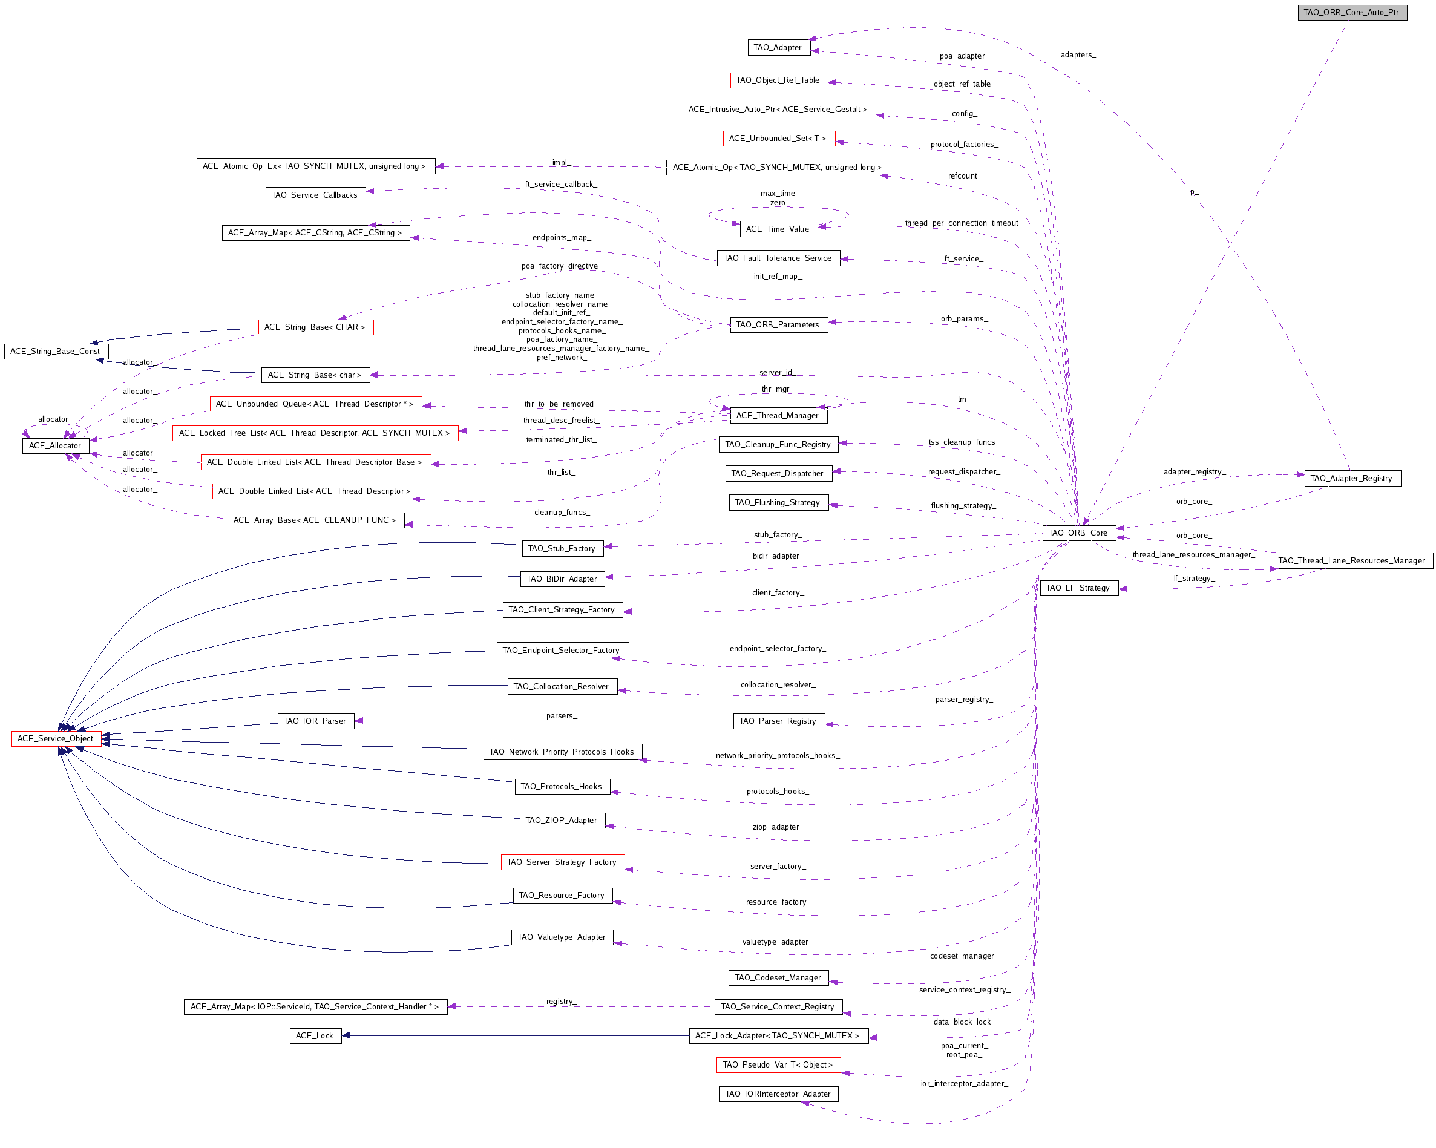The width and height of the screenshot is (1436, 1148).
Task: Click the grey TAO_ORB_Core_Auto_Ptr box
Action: pos(1352,13)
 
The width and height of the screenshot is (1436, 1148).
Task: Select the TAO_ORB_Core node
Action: pos(1078,533)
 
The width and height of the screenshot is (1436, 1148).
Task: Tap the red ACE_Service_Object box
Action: pos(56,738)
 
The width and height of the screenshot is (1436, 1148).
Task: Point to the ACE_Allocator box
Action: pos(55,445)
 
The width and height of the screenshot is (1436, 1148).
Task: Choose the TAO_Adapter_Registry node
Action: pos(1352,478)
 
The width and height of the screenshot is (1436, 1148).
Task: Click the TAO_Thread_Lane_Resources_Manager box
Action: pos(1352,560)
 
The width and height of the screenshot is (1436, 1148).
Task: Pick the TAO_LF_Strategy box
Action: pos(1078,588)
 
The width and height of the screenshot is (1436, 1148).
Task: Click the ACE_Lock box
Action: pos(315,1035)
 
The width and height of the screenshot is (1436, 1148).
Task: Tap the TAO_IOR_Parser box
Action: pos(315,721)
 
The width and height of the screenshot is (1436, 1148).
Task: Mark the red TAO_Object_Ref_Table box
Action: pos(779,80)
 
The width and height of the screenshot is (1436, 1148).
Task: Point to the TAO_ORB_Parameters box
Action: pos(779,324)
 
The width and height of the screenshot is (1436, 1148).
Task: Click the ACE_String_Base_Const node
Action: pos(56,351)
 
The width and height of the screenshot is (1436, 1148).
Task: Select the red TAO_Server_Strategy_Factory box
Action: pos(562,862)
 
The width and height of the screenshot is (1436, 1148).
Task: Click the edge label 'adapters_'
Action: pos(1078,55)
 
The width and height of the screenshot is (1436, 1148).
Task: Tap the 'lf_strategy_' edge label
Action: pos(1194,579)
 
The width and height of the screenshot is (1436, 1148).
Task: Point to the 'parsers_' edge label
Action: pos(562,716)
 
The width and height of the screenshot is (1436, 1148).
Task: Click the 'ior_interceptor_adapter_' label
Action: pos(965,1083)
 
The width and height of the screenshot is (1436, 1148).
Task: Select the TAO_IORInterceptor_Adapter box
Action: pos(779,1094)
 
